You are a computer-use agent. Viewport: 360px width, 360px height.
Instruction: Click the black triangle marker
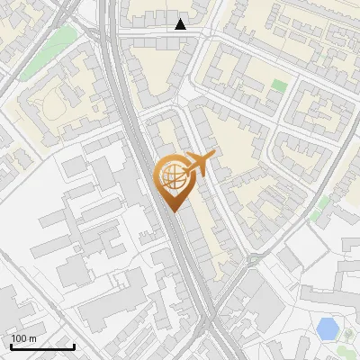[x=181, y=24]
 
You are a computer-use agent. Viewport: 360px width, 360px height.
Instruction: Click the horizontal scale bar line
[x=42, y=346]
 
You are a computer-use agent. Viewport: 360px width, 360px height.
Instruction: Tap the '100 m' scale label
[x=24, y=338]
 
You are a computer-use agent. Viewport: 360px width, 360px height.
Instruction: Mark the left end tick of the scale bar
[x=10, y=345]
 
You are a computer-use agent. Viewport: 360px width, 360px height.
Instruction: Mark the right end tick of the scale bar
[x=75, y=345]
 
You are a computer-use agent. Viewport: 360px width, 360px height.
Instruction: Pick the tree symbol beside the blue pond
[x=347, y=335]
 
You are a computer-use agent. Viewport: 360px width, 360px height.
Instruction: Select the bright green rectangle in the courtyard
[x=279, y=86]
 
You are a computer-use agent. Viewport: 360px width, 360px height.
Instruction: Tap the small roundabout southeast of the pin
[x=253, y=260]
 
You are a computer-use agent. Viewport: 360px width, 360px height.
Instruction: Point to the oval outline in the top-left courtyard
[x=51, y=106]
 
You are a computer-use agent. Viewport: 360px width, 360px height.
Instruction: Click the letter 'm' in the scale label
[x=32, y=338]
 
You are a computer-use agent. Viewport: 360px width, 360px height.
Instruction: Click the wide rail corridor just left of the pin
[x=148, y=180]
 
